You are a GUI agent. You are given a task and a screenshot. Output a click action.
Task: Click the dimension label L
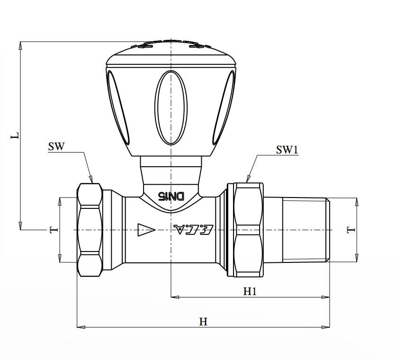15,135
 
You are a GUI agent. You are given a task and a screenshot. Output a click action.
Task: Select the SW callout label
56,146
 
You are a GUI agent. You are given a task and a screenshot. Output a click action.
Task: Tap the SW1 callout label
287,150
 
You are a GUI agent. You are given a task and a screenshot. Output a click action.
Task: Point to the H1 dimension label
250,291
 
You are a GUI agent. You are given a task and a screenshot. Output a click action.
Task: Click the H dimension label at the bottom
203,322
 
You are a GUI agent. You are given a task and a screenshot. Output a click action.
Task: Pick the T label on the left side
54,230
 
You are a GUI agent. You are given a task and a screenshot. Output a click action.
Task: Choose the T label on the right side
351,230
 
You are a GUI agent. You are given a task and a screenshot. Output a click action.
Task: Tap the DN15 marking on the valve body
171,196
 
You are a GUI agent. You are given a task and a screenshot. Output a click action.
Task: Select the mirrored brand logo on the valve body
194,229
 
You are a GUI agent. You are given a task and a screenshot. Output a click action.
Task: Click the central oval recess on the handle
171,107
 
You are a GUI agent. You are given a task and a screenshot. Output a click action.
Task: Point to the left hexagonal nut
90,230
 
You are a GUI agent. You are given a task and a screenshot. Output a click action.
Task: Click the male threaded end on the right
306,230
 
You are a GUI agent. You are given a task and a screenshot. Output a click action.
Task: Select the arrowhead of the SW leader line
91,180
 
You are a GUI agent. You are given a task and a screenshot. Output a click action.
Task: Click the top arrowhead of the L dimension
20,45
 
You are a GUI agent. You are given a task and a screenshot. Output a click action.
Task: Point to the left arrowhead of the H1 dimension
174,297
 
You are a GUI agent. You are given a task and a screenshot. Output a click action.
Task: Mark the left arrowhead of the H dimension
80,326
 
